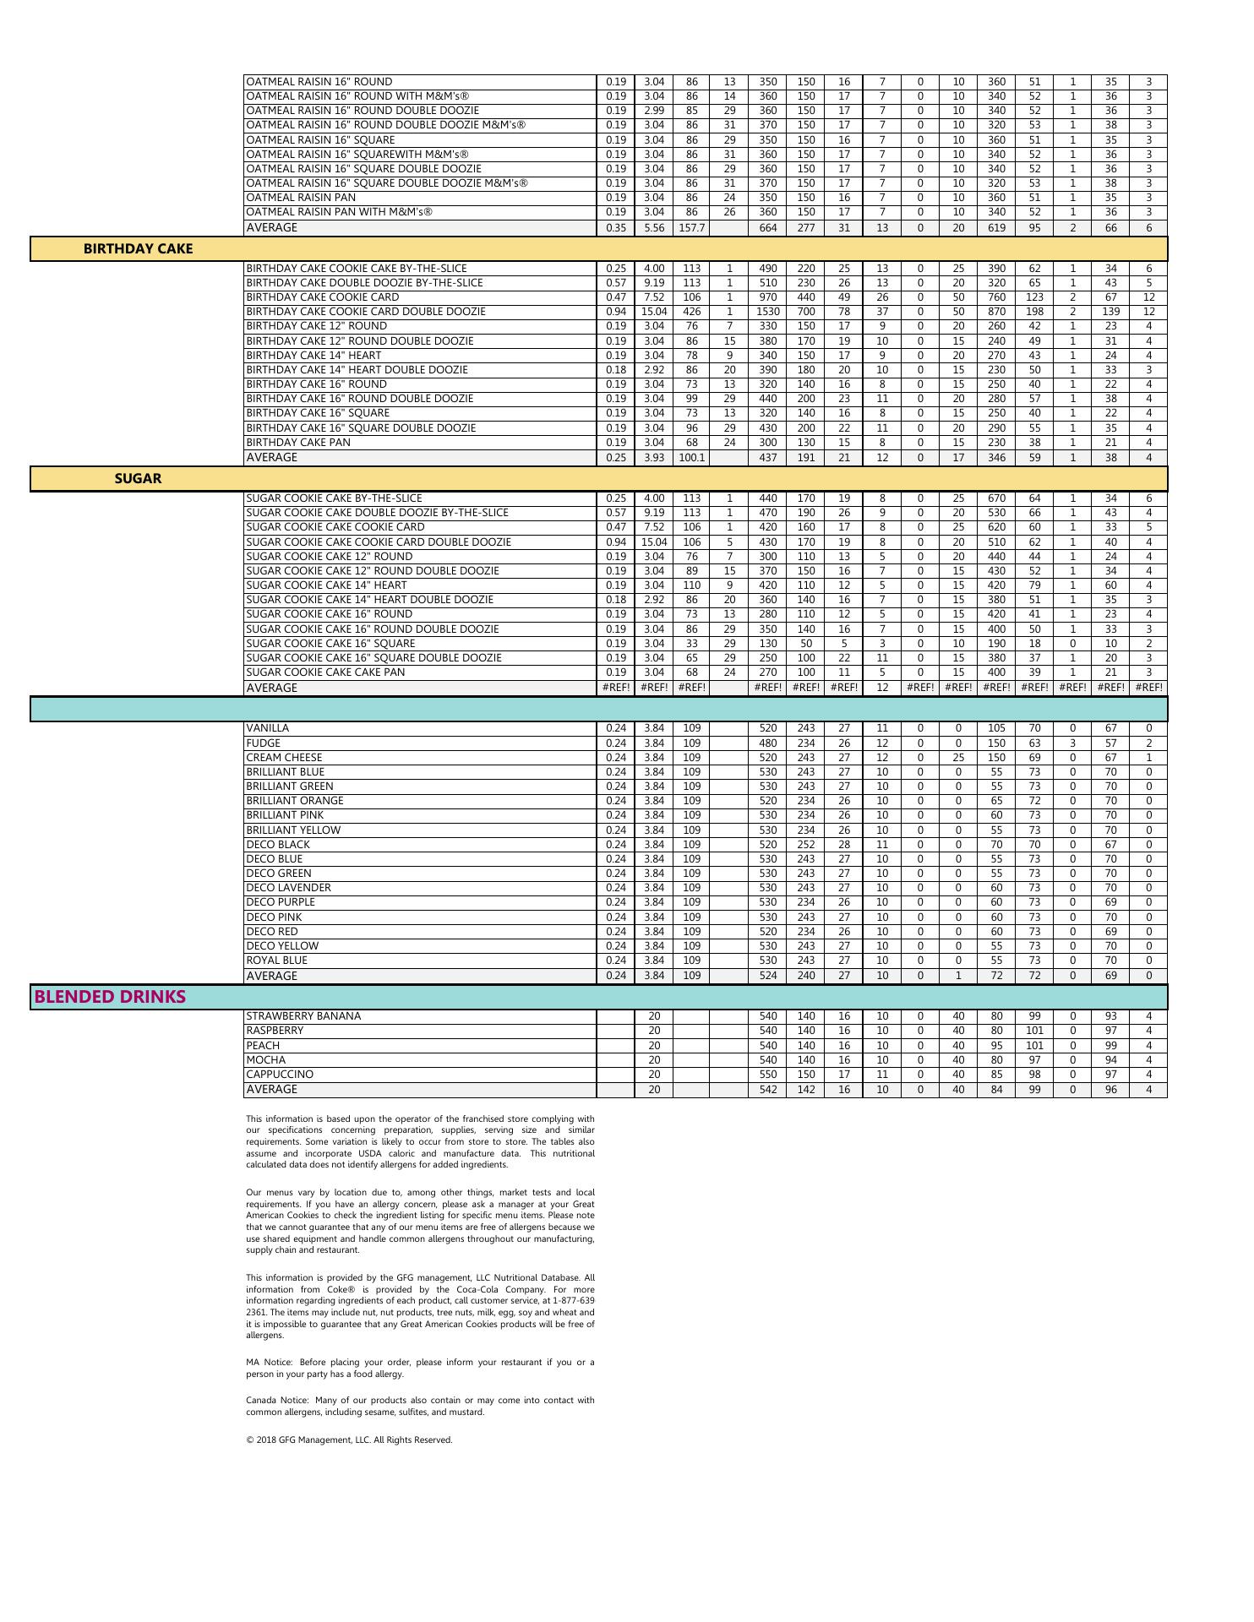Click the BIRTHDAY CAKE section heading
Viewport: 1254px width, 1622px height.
(138, 248)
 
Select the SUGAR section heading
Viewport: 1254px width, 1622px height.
(138, 478)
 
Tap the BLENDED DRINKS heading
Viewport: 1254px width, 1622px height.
(109, 997)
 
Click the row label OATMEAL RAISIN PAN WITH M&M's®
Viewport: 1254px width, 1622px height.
(339, 212)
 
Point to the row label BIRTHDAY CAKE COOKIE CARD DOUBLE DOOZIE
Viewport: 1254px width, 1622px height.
(365, 312)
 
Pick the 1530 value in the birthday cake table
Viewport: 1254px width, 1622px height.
(767, 312)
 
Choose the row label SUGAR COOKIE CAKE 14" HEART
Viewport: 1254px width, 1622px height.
(326, 585)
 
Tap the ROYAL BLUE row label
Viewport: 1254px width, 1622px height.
(276, 961)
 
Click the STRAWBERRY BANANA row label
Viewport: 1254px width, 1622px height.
(303, 1016)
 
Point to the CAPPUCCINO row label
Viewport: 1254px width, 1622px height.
(279, 1075)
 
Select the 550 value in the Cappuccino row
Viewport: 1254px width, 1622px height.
(767, 1075)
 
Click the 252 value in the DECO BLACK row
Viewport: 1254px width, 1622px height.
(806, 845)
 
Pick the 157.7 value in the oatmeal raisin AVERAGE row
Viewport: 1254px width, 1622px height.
(691, 228)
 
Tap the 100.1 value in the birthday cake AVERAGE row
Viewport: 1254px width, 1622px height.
(691, 458)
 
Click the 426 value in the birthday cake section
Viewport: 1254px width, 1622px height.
(691, 312)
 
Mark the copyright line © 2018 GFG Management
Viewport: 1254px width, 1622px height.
(349, 1440)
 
